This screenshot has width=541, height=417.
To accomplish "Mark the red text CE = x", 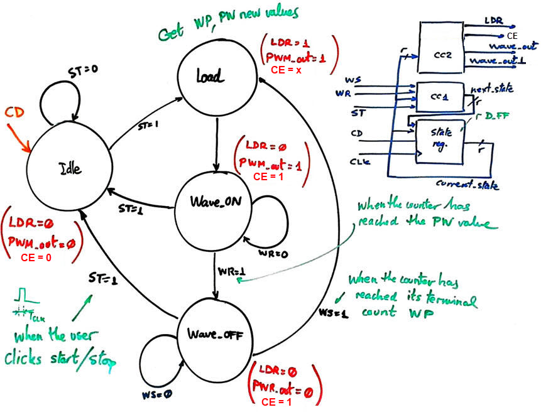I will tap(287, 71).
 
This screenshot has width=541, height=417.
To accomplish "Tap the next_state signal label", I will tap(491, 89).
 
